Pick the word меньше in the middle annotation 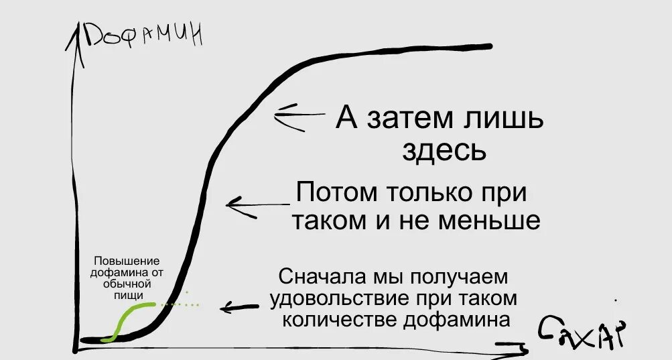(490, 220)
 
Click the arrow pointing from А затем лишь (299, 115)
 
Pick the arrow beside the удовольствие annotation (239, 307)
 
